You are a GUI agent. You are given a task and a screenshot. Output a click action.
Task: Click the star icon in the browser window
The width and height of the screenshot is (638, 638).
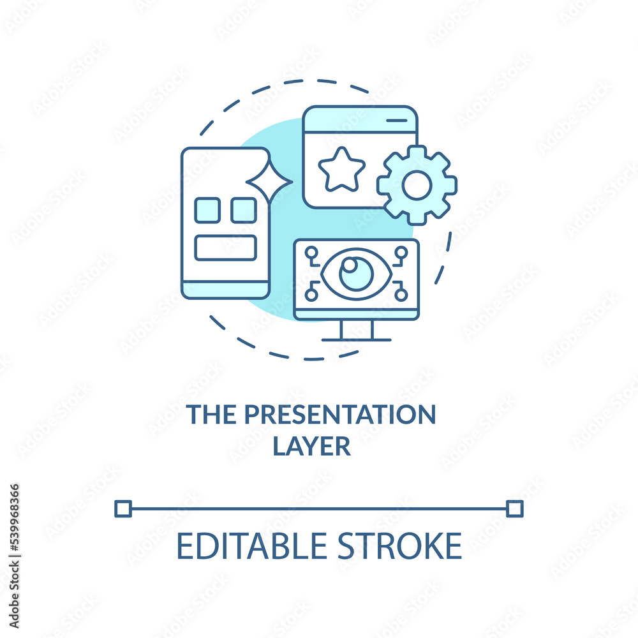(342, 170)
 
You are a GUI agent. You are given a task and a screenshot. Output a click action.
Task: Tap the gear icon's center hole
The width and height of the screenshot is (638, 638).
(417, 185)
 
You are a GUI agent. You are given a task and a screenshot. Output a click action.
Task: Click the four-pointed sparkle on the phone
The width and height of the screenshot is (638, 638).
(269, 182)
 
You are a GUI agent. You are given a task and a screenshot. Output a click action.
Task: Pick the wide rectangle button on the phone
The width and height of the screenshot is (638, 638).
(225, 248)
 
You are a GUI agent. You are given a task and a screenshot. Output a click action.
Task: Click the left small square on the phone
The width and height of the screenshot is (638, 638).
(207, 211)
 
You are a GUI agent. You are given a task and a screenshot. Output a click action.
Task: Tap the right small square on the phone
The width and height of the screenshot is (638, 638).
(244, 211)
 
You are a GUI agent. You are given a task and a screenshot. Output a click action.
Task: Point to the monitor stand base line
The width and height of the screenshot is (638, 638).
(357, 340)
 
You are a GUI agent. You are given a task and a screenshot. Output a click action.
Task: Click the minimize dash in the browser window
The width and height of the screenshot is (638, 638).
(397, 121)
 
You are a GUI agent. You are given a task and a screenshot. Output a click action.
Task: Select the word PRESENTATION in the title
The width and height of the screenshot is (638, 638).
(340, 415)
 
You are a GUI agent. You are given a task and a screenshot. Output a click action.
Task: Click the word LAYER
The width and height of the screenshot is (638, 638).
(312, 446)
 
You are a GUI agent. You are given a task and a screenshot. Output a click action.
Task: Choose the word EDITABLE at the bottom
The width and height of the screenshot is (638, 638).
(252, 546)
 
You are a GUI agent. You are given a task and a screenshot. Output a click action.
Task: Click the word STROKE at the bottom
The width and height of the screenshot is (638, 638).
(400, 546)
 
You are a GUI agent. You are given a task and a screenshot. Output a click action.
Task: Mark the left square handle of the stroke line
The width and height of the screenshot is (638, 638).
(123, 508)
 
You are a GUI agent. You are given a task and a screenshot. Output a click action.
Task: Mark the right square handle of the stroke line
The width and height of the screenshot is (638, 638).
(515, 508)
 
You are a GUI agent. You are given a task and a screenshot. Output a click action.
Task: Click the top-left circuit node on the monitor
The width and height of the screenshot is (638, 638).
(312, 253)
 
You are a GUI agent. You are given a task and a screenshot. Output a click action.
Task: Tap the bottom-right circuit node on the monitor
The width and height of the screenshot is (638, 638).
(401, 295)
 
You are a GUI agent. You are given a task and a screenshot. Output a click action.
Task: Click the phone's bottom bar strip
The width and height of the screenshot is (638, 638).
(225, 290)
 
